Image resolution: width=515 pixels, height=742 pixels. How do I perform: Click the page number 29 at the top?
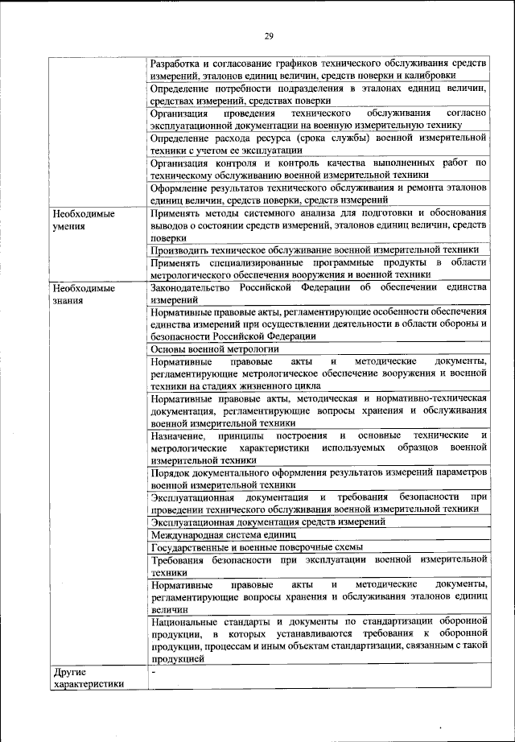pos(268,34)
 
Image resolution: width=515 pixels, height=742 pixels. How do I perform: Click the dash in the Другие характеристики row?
pos(154,672)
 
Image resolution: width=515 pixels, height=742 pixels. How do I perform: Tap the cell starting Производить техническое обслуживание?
pos(319,250)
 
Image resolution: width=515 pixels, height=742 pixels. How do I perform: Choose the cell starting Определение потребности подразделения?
pos(319,94)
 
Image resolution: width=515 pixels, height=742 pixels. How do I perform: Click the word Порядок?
pos(170,472)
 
